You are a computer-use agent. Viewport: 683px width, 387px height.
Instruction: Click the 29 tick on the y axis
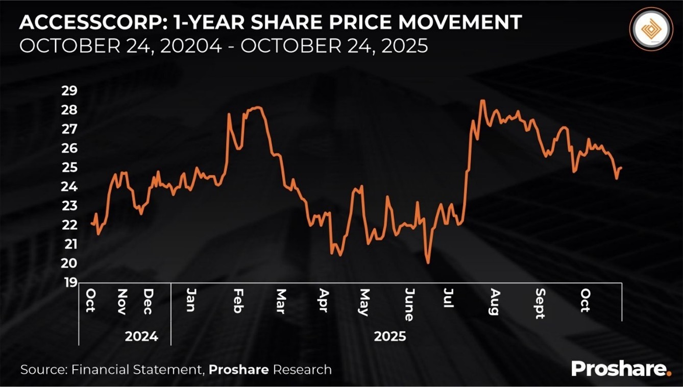coord(69,91)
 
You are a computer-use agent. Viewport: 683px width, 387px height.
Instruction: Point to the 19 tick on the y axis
coord(69,282)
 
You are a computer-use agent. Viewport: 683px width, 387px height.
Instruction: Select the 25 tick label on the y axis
coord(69,167)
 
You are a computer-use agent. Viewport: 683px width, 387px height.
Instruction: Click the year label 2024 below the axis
coord(141,337)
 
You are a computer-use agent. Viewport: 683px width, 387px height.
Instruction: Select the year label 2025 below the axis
coord(390,337)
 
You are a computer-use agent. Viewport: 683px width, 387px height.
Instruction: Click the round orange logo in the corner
coord(651,29)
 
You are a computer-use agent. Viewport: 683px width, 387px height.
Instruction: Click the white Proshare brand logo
coord(621,369)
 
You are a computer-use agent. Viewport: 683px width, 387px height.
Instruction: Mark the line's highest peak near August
coord(482,101)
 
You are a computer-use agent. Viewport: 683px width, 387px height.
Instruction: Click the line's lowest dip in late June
coord(428,263)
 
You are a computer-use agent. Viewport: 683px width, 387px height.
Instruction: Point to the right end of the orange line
coord(621,167)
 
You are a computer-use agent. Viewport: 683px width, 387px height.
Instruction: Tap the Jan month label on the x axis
coord(191,300)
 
